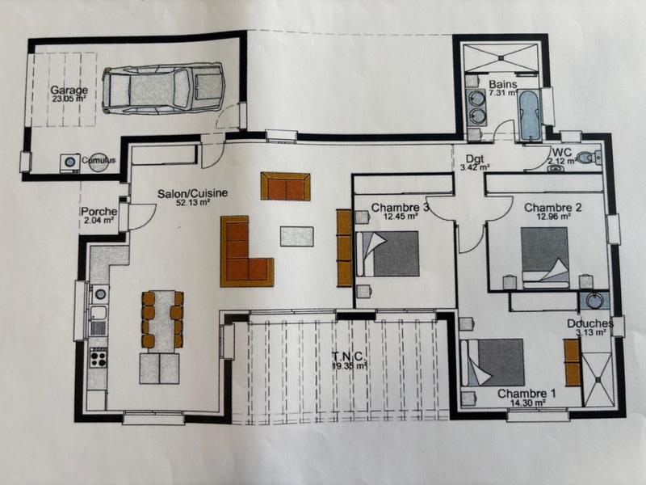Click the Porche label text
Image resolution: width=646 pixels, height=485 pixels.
point(99,213)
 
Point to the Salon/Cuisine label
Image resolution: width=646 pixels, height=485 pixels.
point(192,193)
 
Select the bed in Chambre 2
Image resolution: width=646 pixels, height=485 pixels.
point(544,257)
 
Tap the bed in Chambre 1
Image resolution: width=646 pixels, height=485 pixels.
point(493,361)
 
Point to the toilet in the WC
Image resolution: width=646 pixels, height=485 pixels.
point(594,157)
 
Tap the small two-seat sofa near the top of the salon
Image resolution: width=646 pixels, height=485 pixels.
point(285,187)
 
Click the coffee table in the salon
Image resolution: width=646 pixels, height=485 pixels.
point(296,236)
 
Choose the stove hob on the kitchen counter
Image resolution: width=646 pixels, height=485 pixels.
point(98,356)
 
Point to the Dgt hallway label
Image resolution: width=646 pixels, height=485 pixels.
point(474,158)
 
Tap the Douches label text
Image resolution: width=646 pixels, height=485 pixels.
point(595,323)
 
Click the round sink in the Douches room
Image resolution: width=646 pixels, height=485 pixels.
point(595,300)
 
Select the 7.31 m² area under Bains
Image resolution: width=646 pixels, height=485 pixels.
point(501,93)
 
